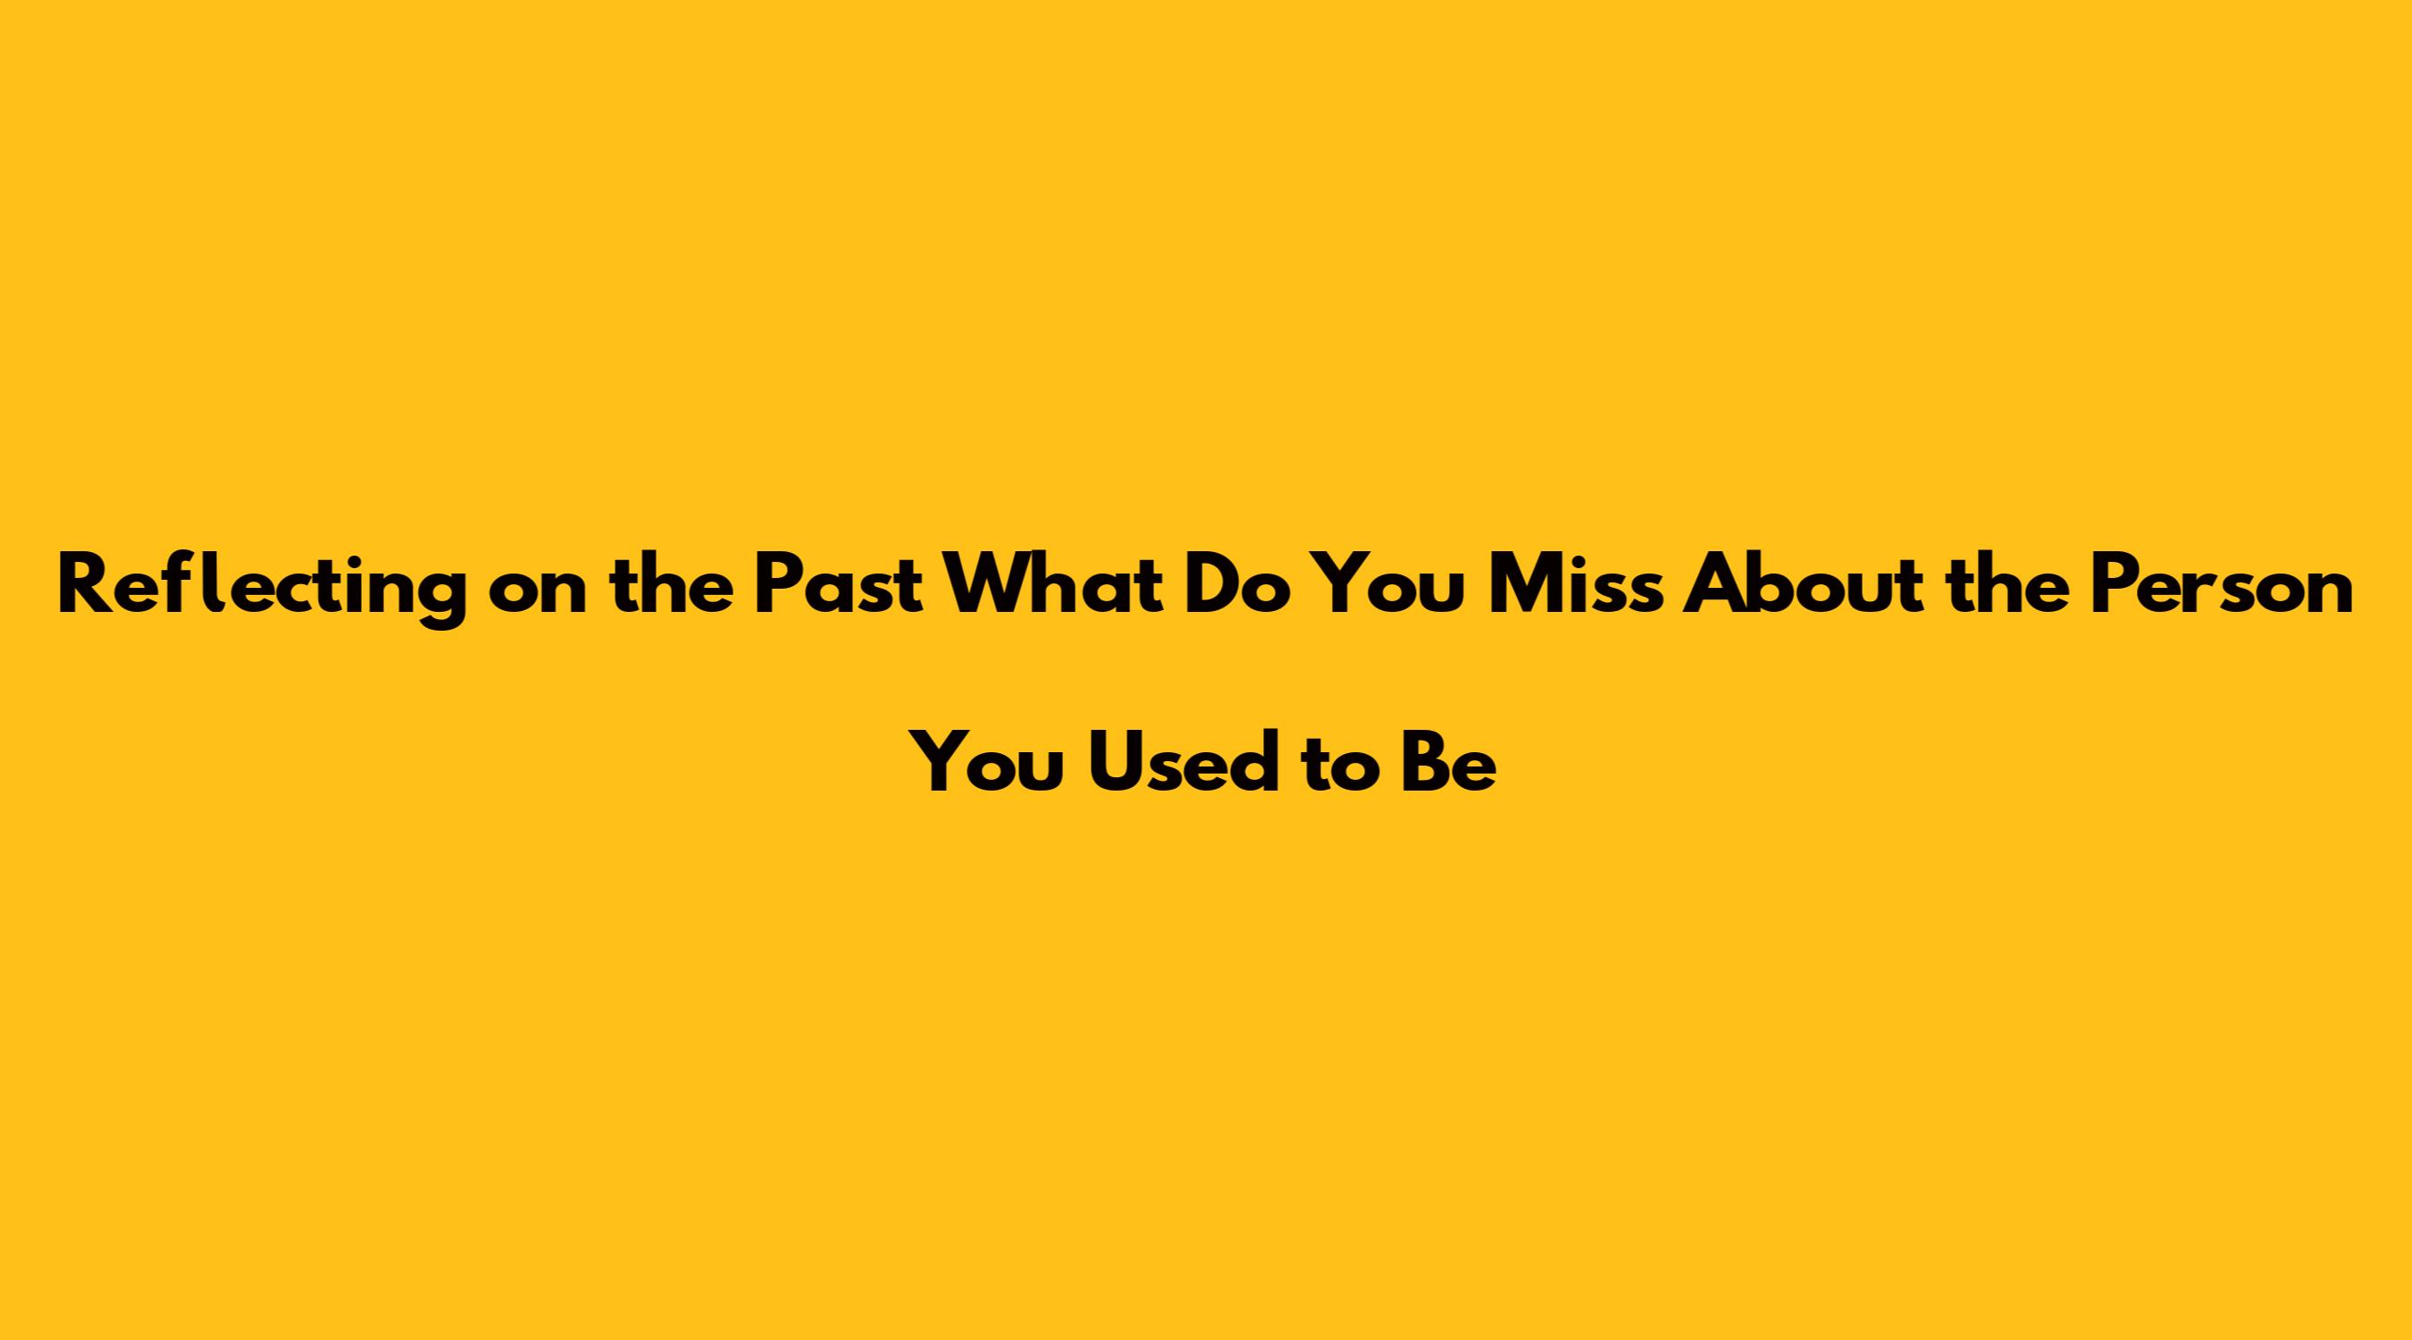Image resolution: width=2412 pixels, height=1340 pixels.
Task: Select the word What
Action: click(1052, 585)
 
